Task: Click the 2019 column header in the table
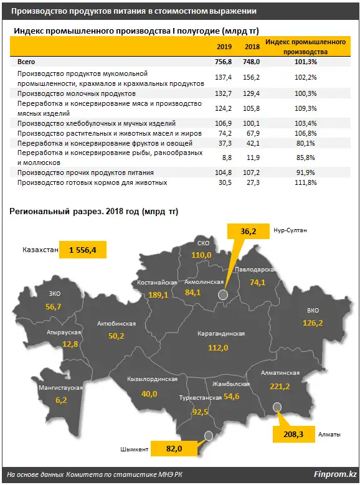pos(224,47)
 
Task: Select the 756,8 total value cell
pos(224,62)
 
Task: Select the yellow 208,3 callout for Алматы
pos(293,435)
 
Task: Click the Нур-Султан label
pos(290,230)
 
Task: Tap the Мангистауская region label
pos(60,388)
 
